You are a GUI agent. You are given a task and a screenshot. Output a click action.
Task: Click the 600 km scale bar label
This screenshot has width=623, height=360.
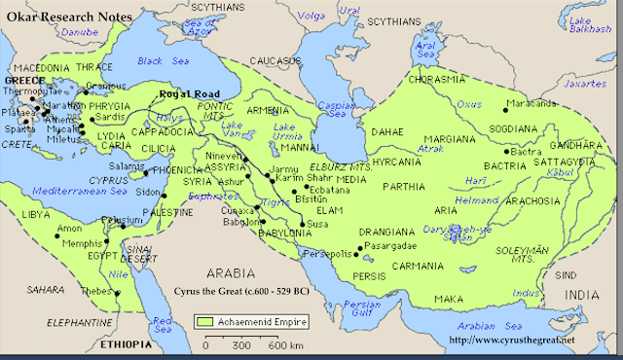point(283,345)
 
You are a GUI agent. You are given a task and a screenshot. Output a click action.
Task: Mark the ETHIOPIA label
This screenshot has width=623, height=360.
point(126,344)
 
